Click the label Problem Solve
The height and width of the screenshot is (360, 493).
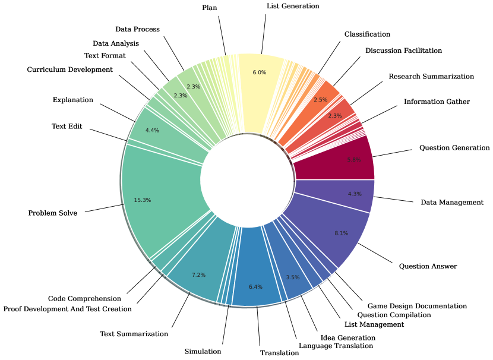[52, 213]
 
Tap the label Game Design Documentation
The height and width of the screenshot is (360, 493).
[417, 306]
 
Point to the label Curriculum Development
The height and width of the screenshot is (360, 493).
[69, 70]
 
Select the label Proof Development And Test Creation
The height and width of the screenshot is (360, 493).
[67, 308]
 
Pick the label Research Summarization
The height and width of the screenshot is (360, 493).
[431, 77]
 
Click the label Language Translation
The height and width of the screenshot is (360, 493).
[336, 345]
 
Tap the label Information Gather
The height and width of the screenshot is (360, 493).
[437, 102]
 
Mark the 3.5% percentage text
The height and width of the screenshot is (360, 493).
[293, 277]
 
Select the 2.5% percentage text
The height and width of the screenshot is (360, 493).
[320, 99]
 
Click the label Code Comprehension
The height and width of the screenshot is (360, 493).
[84, 298]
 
